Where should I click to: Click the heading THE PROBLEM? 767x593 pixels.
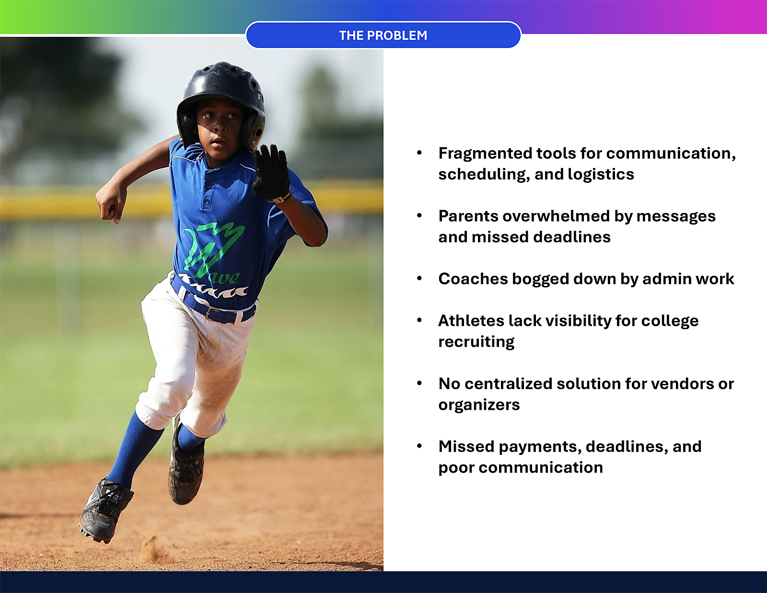tap(383, 36)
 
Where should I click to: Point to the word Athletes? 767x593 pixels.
tap(471, 320)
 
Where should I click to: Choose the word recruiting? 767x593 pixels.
tap(476, 342)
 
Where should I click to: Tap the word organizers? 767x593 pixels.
tap(479, 405)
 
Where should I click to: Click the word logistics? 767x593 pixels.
tap(601, 175)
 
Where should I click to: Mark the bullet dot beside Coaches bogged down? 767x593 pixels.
tap(419, 279)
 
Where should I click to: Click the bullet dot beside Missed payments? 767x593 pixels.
tap(419, 446)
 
